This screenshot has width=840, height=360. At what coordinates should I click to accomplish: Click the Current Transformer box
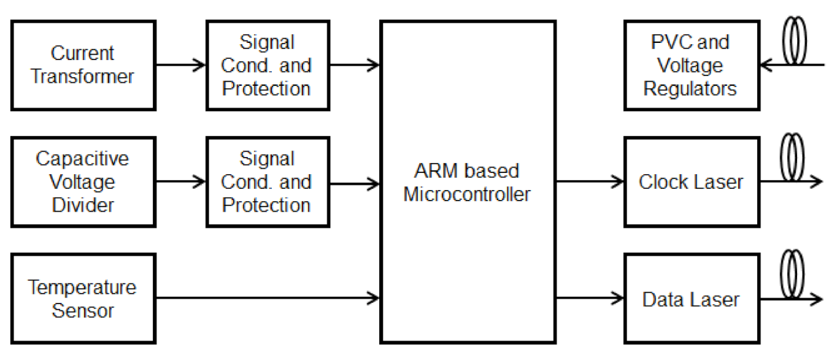83,65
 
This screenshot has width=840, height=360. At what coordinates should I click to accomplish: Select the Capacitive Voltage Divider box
83,182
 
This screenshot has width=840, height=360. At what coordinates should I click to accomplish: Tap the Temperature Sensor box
83,299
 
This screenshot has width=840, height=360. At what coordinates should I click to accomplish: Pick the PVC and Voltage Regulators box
690,65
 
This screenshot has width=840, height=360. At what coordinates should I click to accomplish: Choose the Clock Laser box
691,182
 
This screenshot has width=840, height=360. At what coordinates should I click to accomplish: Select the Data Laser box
691,299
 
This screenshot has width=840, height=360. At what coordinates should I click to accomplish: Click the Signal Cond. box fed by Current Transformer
266,65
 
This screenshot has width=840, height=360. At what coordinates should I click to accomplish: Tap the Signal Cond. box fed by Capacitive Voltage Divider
266,182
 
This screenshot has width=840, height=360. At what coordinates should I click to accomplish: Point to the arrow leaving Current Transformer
181,64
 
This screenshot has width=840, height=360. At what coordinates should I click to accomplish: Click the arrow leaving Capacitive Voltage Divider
181,182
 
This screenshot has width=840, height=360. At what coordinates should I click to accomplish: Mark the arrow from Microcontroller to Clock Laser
589,182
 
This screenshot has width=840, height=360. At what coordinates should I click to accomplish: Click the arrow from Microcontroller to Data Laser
589,299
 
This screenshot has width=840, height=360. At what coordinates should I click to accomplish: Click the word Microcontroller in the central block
467,194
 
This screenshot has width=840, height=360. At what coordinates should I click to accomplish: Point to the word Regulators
690,88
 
